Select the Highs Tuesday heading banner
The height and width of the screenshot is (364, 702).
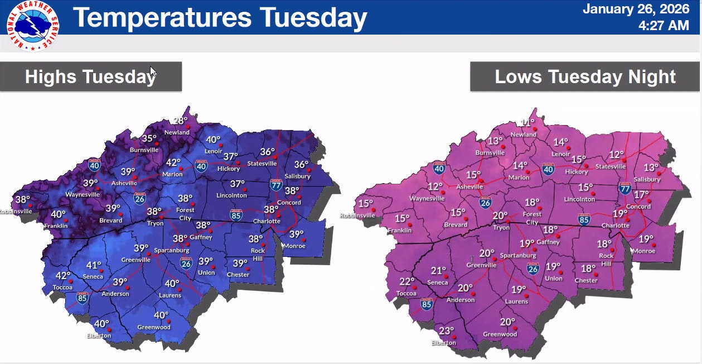pos(91,76)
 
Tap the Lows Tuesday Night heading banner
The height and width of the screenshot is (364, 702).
pos(585,76)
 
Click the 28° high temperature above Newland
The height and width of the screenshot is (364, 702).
pos(181,121)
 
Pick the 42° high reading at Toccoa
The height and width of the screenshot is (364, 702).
pos(63,276)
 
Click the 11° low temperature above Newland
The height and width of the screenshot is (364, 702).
pos(527,123)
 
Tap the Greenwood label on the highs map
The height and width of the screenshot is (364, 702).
pos(154,327)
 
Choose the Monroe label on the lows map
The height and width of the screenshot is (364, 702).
pos(644,251)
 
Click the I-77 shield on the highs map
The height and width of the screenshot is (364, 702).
pos(276,184)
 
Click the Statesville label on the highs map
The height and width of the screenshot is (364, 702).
pos(262,163)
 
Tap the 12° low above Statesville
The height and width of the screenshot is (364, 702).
pos(617,155)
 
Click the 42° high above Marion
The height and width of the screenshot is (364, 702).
pos(174,163)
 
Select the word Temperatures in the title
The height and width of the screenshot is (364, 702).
pos(162,17)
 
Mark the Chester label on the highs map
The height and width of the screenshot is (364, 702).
pos(238,275)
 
